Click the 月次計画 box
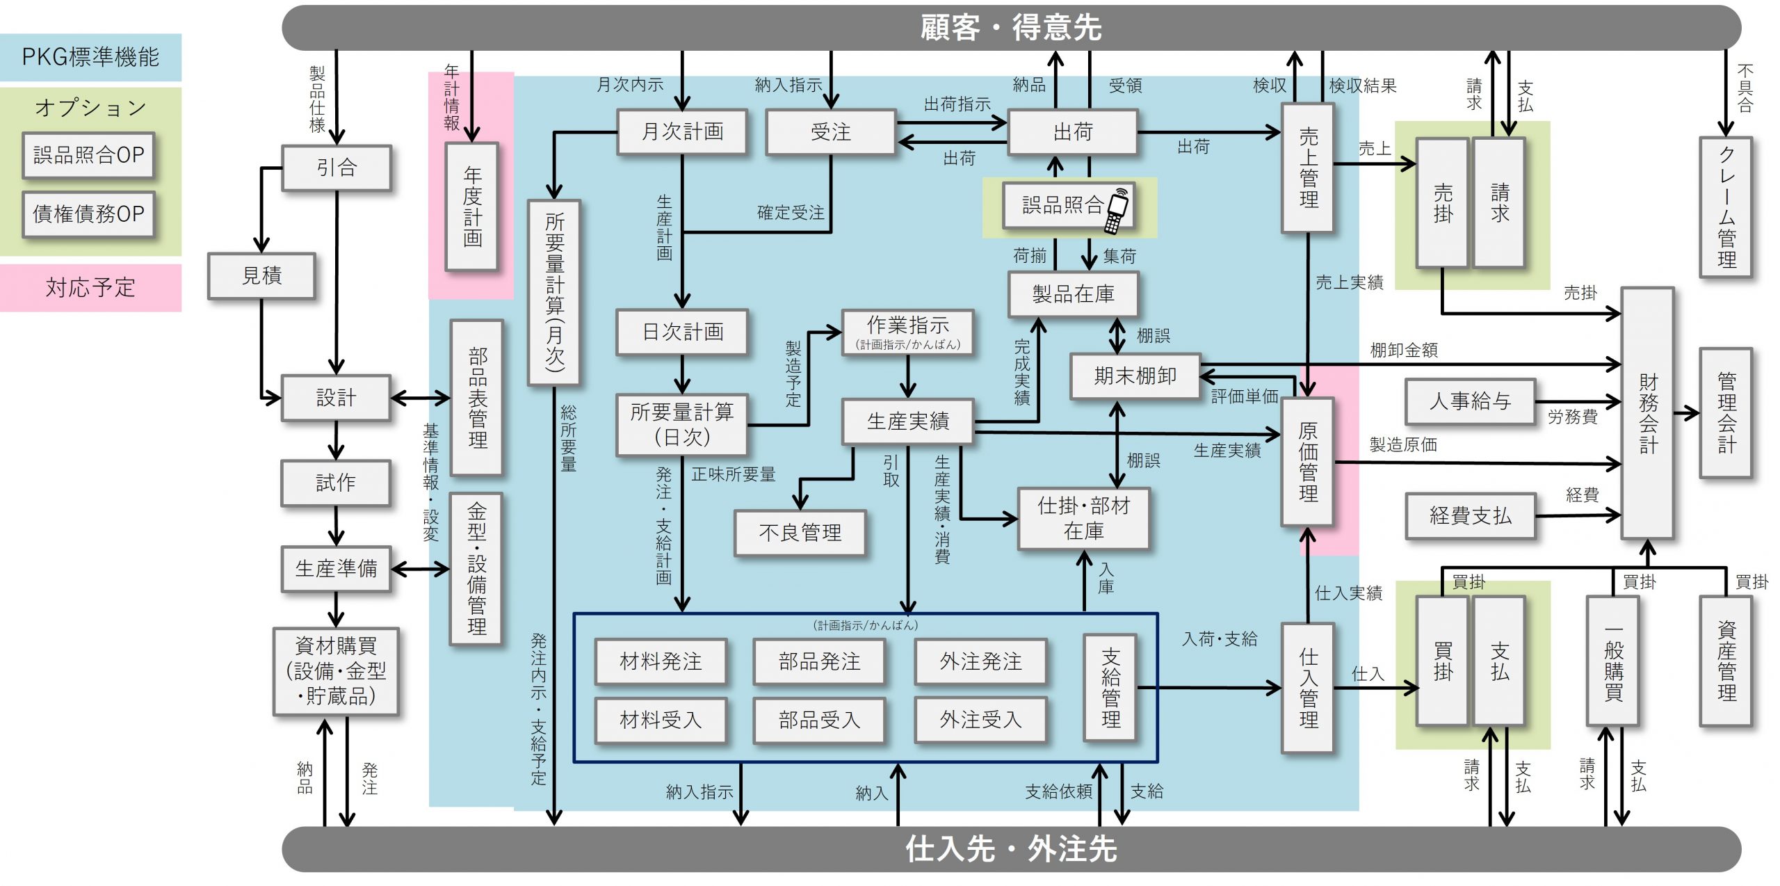682,131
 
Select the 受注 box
830,131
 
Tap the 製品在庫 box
1073,294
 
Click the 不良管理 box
800,533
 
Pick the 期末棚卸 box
1135,376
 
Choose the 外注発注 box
980,661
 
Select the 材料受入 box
661,720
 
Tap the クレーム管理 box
1726,207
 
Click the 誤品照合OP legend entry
88,154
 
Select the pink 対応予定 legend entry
90,287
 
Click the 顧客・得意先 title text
1011,28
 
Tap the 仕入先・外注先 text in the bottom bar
1011,849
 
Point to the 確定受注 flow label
791,213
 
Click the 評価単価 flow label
1244,396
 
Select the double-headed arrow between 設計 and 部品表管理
420,398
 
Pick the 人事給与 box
1470,401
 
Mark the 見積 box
261,276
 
